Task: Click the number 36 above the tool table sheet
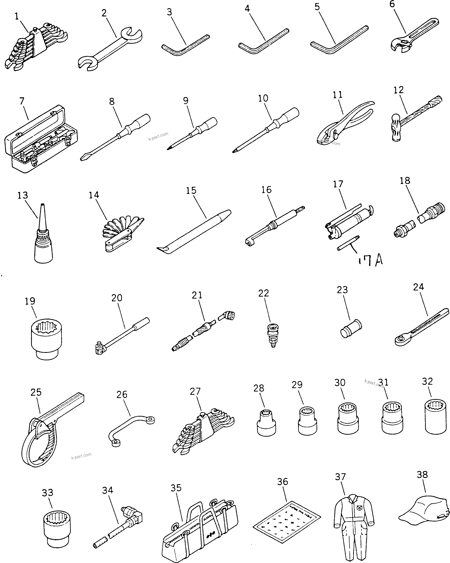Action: coord(283,482)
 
